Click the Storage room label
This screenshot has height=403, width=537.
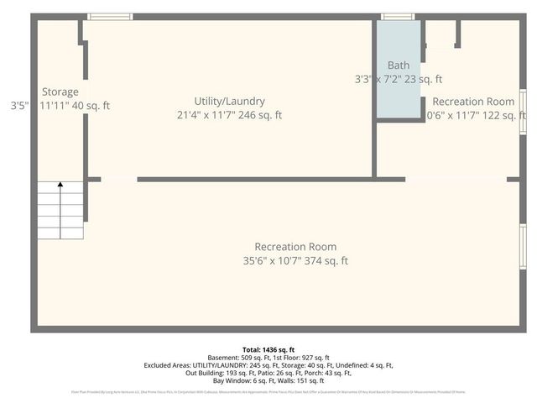(x=60, y=92)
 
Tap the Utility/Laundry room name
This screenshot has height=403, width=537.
(x=229, y=101)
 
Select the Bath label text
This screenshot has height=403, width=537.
(x=398, y=65)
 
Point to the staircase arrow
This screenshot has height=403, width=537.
(x=60, y=186)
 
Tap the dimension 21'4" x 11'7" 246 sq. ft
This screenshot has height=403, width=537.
(x=229, y=115)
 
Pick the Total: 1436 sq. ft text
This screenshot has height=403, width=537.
(x=268, y=349)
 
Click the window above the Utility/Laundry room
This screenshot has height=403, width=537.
(x=110, y=17)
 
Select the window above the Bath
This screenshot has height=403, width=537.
(x=398, y=17)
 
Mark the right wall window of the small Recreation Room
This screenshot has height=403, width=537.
(x=523, y=112)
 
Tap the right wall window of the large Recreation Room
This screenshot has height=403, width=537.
(x=523, y=246)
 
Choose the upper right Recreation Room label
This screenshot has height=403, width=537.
(x=473, y=102)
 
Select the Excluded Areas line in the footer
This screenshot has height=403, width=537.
(x=268, y=365)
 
